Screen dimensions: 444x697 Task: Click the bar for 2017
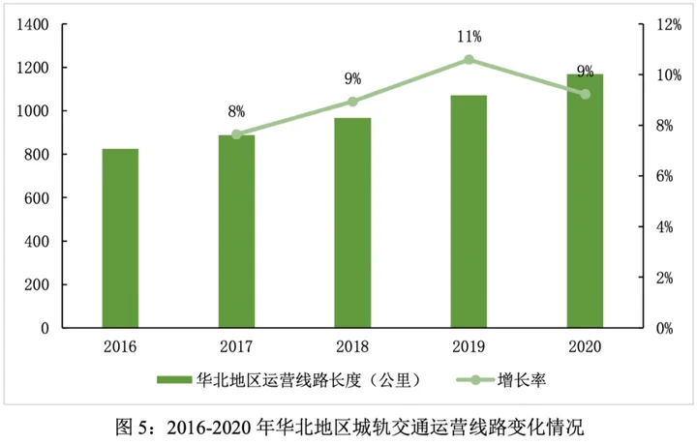(236, 232)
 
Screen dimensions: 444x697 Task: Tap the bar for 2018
(352, 223)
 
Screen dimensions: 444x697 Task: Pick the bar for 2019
(469, 212)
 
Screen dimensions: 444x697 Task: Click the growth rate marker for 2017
(236, 133)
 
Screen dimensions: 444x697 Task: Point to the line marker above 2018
(352, 102)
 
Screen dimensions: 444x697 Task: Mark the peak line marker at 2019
(469, 60)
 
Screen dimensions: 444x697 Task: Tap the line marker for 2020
(585, 94)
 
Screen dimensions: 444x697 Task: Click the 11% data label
(470, 37)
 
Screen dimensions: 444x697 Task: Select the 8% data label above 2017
(236, 112)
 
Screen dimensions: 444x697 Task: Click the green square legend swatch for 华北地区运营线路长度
(174, 381)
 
